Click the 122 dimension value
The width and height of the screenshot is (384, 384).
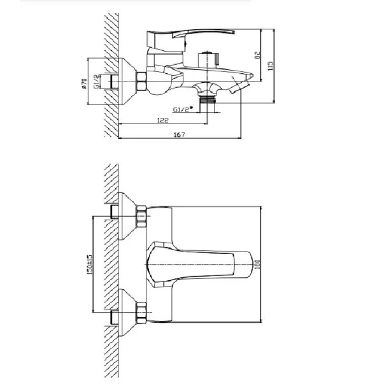tap(163, 120)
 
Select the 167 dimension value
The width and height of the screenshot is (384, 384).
tap(180, 135)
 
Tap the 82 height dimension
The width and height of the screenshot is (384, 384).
tap(257, 55)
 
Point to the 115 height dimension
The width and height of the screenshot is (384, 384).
tap(270, 66)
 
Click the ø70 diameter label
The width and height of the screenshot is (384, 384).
tap(84, 83)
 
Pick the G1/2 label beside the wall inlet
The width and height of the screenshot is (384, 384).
tap(97, 82)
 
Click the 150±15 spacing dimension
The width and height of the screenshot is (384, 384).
tap(90, 264)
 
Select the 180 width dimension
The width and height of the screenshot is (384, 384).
tap(257, 264)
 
